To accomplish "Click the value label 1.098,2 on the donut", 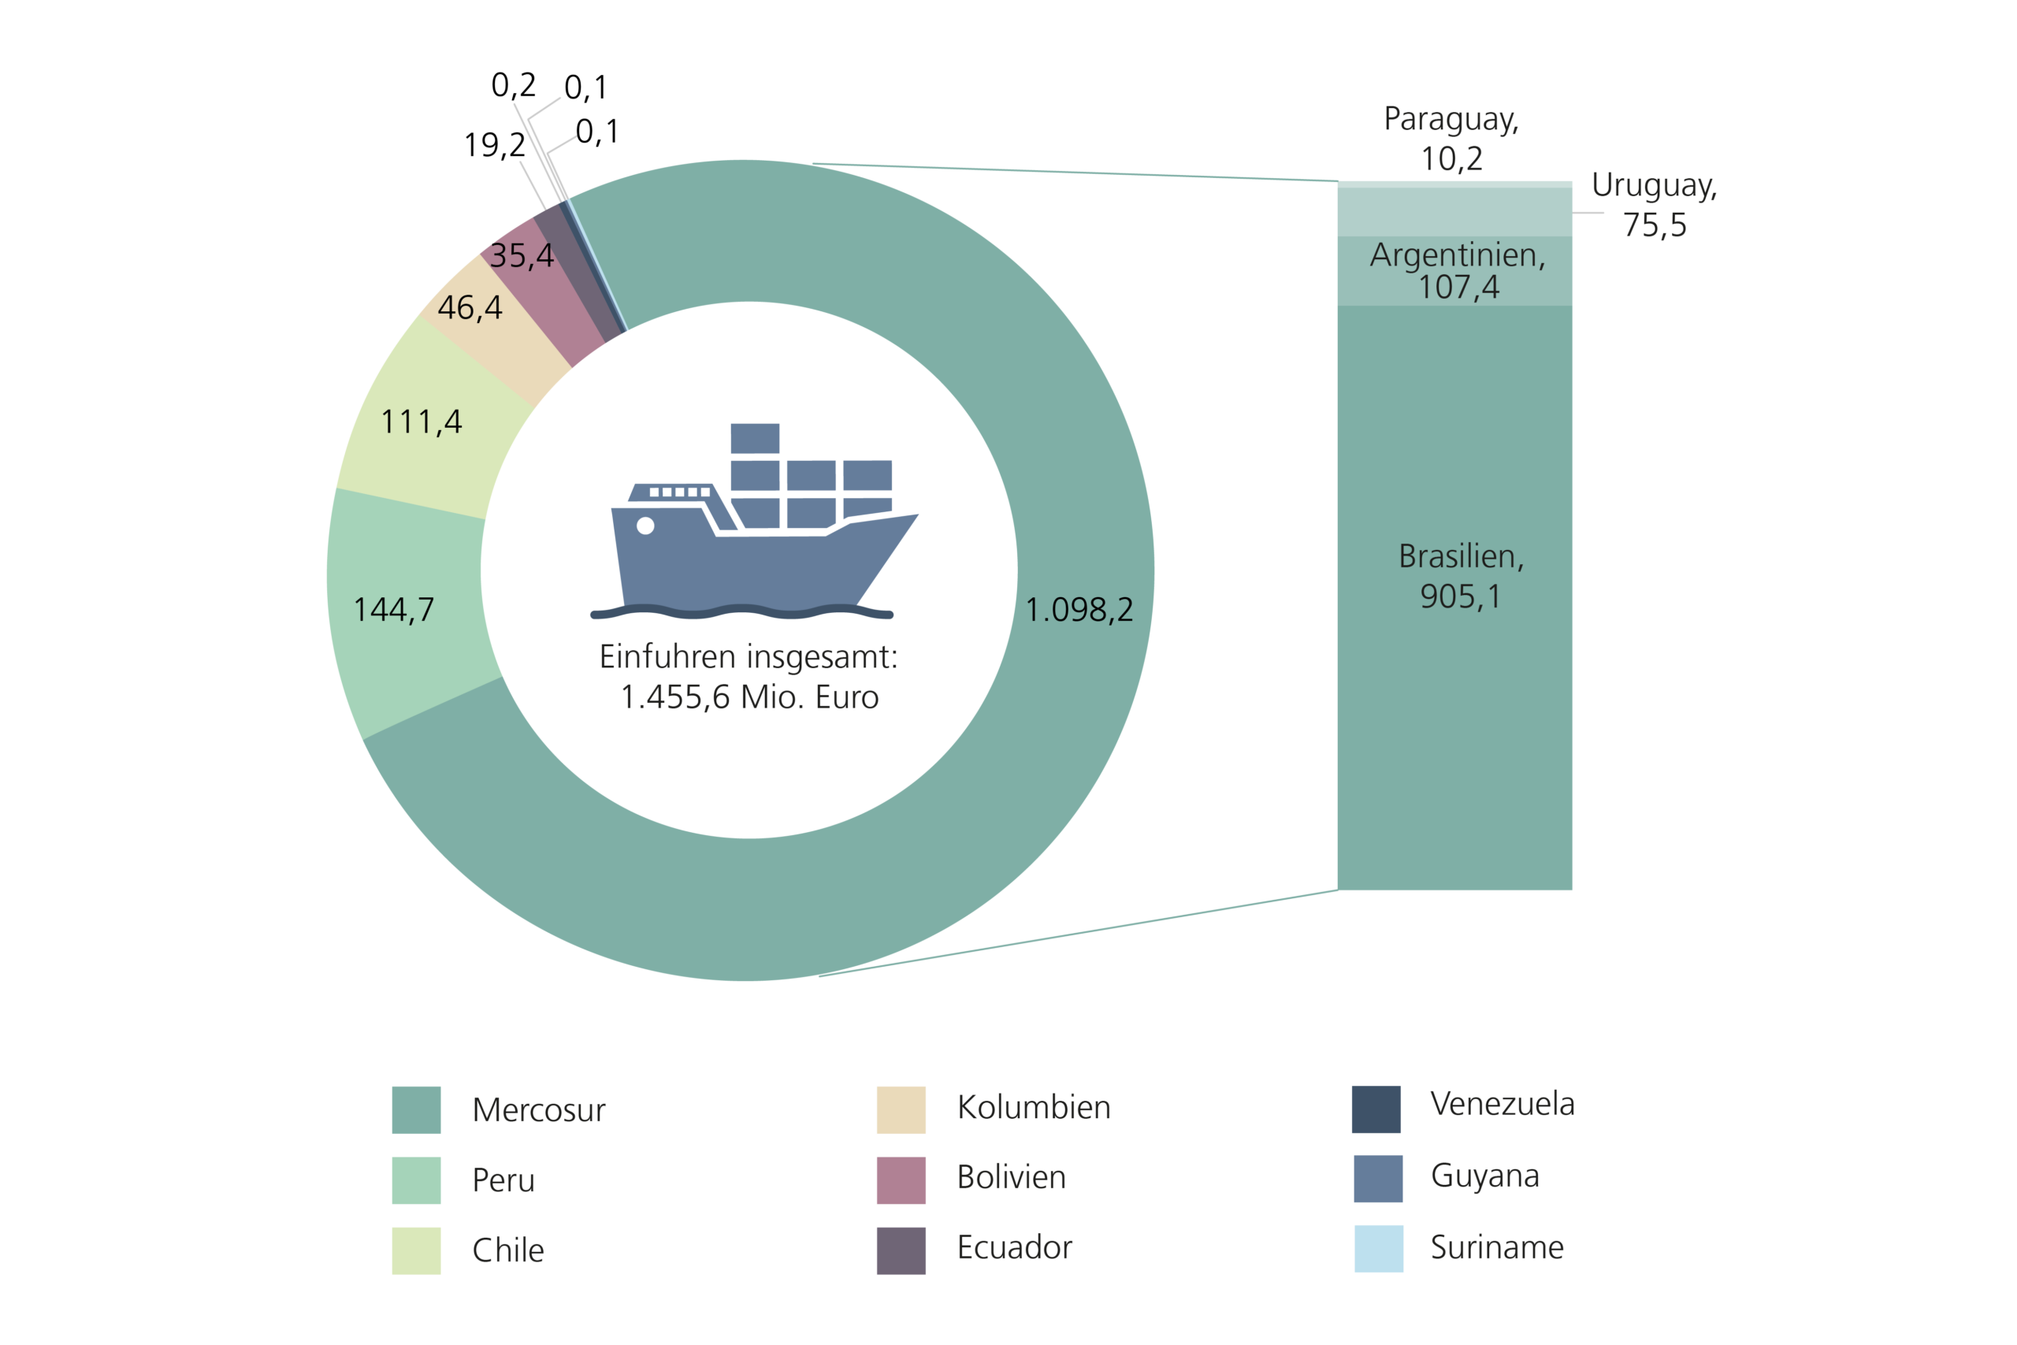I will pos(1079,610).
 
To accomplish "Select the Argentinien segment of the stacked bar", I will pos(1454,271).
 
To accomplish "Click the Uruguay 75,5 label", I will pos(1654,205).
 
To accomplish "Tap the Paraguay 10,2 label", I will pos(1451,138).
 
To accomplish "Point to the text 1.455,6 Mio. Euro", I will pos(749,697).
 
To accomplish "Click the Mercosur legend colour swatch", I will pos(416,1110).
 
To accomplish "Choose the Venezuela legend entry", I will pos(1502,1104).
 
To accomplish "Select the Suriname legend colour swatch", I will pos(1378,1248).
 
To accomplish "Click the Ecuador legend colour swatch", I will pos(901,1250).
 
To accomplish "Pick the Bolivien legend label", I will pos(1011,1178).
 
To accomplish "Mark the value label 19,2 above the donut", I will pos(495,145).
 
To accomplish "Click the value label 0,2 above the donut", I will pos(513,85).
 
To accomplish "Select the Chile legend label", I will pos(507,1250).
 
